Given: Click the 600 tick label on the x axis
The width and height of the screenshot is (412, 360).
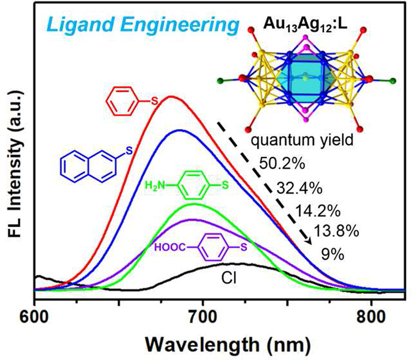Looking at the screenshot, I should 34,317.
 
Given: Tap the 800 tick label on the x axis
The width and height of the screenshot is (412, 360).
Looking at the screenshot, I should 371,317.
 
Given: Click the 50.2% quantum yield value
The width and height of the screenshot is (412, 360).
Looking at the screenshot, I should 282,163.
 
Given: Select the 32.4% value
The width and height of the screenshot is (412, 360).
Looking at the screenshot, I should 299,188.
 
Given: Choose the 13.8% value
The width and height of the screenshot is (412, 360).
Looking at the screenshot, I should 336,231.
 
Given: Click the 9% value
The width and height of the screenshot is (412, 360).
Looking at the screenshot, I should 332,255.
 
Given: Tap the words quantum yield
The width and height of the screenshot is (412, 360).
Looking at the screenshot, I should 302,140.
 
